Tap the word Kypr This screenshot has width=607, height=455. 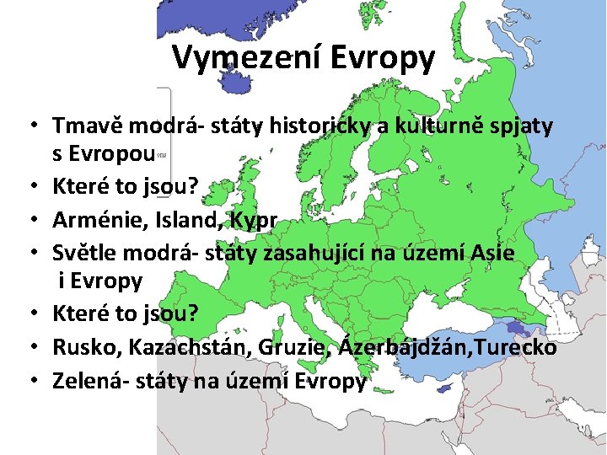[251, 220]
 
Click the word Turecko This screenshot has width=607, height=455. [520, 346]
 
